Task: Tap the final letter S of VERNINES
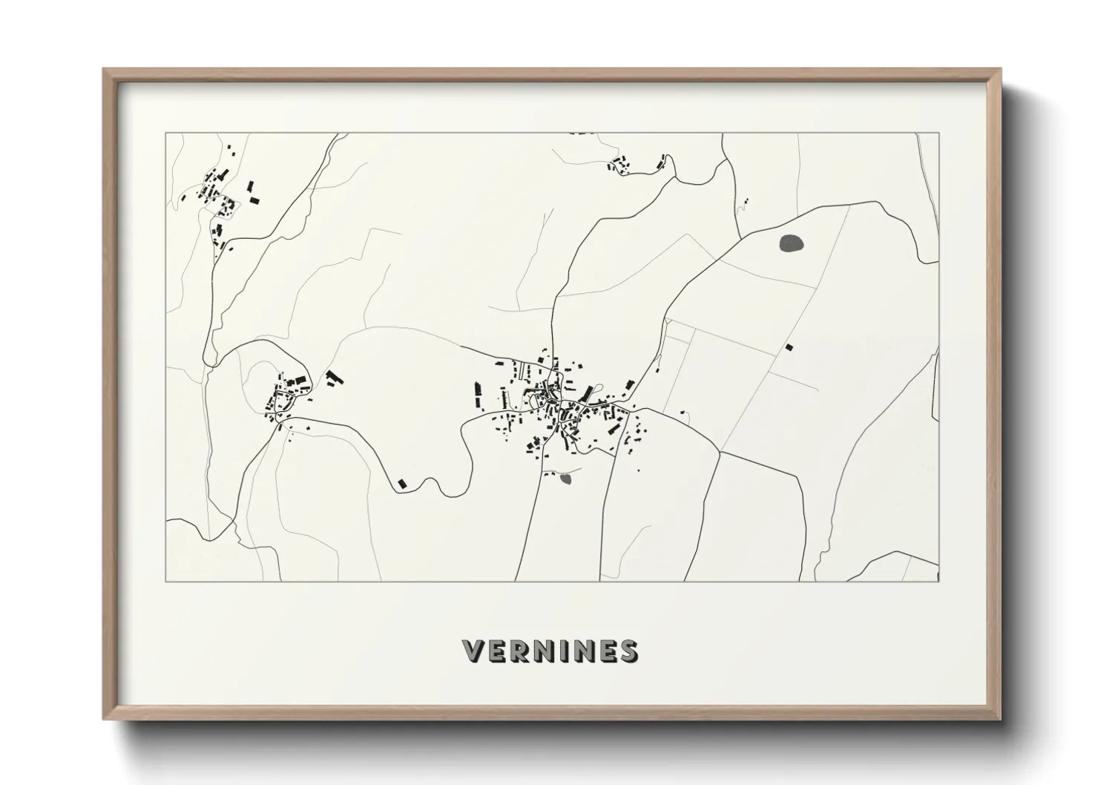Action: (x=628, y=651)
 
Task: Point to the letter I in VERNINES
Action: (x=562, y=651)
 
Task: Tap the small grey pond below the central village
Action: (x=567, y=479)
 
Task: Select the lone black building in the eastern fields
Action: (x=789, y=346)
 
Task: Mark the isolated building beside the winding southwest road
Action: (x=402, y=484)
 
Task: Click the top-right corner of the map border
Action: (x=938, y=134)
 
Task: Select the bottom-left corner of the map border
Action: (x=165, y=581)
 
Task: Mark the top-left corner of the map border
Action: (x=165, y=134)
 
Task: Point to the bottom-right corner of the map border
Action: (x=938, y=581)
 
